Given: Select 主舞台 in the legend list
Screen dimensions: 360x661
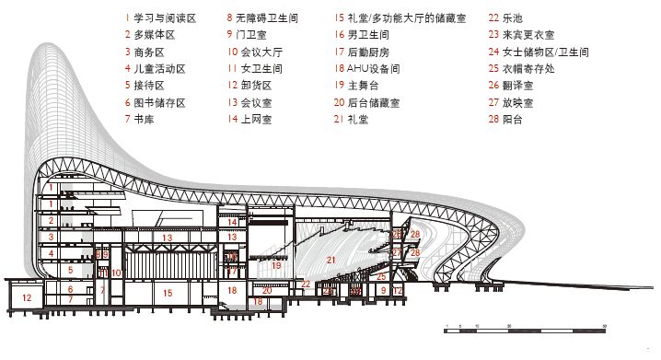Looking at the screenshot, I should [x=365, y=86].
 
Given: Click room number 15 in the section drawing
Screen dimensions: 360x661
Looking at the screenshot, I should [x=167, y=293].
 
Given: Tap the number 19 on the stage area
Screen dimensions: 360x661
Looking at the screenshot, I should [x=275, y=266].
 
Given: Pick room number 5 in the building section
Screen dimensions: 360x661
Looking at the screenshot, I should [x=69, y=271].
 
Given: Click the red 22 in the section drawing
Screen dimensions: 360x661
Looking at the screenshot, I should [x=305, y=284].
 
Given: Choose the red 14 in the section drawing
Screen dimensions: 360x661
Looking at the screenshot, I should [x=233, y=222].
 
